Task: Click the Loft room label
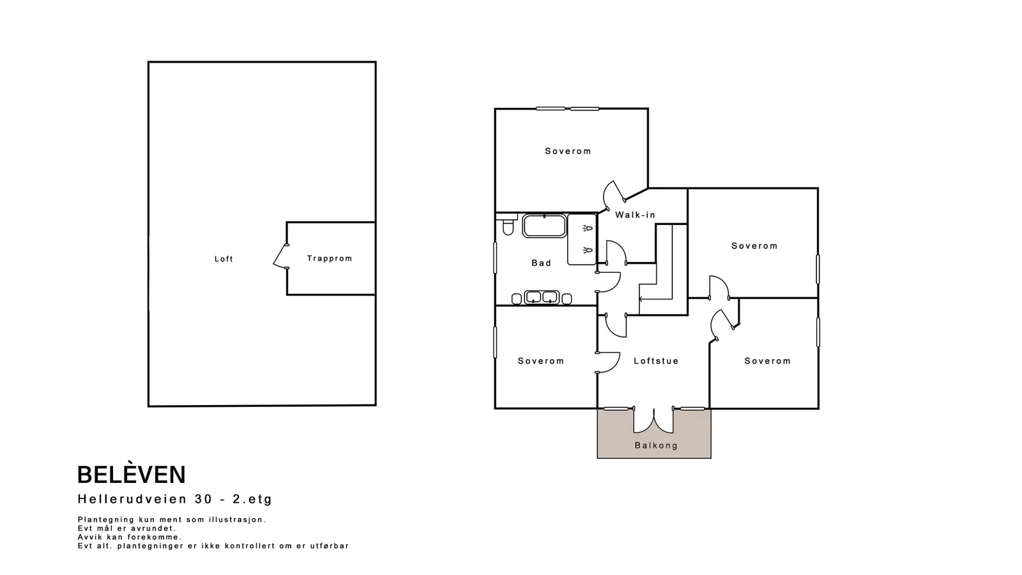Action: (224, 259)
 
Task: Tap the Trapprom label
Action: (330, 258)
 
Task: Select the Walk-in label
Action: (635, 215)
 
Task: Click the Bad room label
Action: (541, 263)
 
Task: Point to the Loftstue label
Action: (656, 361)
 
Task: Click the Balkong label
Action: (656, 445)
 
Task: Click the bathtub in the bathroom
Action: (544, 226)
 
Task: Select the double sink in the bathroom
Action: (542, 298)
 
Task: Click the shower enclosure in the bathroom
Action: (582, 239)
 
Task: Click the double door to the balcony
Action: (653, 420)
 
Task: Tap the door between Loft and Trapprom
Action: (280, 256)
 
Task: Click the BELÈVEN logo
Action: (132, 475)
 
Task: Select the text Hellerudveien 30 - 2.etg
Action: (175, 499)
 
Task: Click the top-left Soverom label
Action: (568, 151)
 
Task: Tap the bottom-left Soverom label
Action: (540, 361)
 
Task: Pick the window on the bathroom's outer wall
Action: (495, 258)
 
